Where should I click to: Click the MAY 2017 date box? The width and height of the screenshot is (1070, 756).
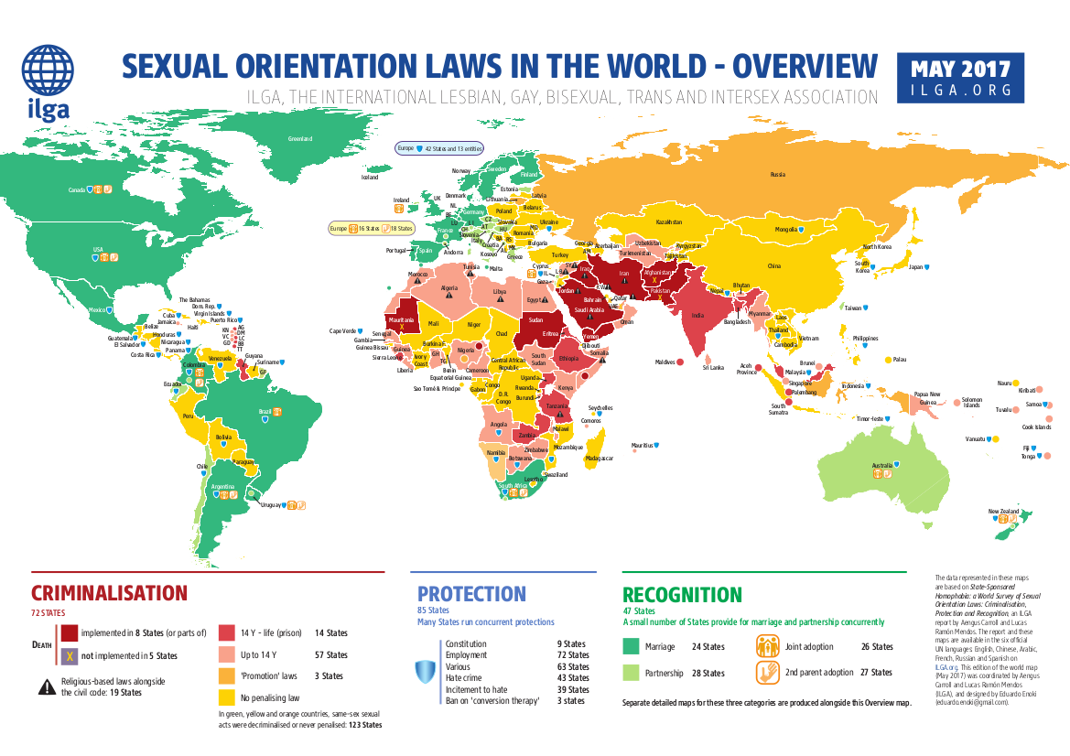click(x=960, y=77)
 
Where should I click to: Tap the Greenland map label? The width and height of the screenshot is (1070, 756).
click(x=300, y=139)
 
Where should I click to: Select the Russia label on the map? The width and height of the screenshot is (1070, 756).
click(x=777, y=174)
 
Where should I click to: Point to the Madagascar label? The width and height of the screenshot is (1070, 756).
click(x=600, y=458)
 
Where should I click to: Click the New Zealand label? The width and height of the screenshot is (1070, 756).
click(x=1003, y=511)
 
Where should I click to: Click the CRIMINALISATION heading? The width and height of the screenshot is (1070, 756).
click(x=109, y=593)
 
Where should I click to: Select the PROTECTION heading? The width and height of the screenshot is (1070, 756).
click(x=471, y=594)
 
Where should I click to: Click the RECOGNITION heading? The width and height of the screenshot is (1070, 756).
click(x=682, y=596)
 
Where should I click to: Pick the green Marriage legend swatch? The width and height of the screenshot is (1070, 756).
click(x=631, y=646)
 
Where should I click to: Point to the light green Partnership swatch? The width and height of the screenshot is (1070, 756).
click(x=631, y=673)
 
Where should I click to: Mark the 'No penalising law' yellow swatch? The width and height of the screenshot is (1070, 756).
click(x=228, y=697)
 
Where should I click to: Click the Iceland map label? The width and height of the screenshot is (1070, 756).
click(x=370, y=178)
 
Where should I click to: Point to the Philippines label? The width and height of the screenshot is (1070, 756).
click(x=865, y=339)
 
